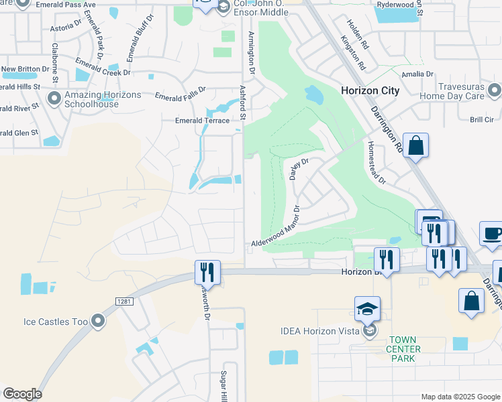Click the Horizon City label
[370, 90]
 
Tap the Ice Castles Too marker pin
[99, 322]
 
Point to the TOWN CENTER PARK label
[403, 349]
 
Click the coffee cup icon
[492, 234]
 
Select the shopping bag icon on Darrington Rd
[415, 145]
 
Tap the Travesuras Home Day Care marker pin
[495, 90]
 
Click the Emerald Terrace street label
[201, 121]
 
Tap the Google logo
[22, 394]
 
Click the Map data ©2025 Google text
[460, 397]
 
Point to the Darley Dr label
[297, 170]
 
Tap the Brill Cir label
[481, 119]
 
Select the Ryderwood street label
[396, 4]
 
